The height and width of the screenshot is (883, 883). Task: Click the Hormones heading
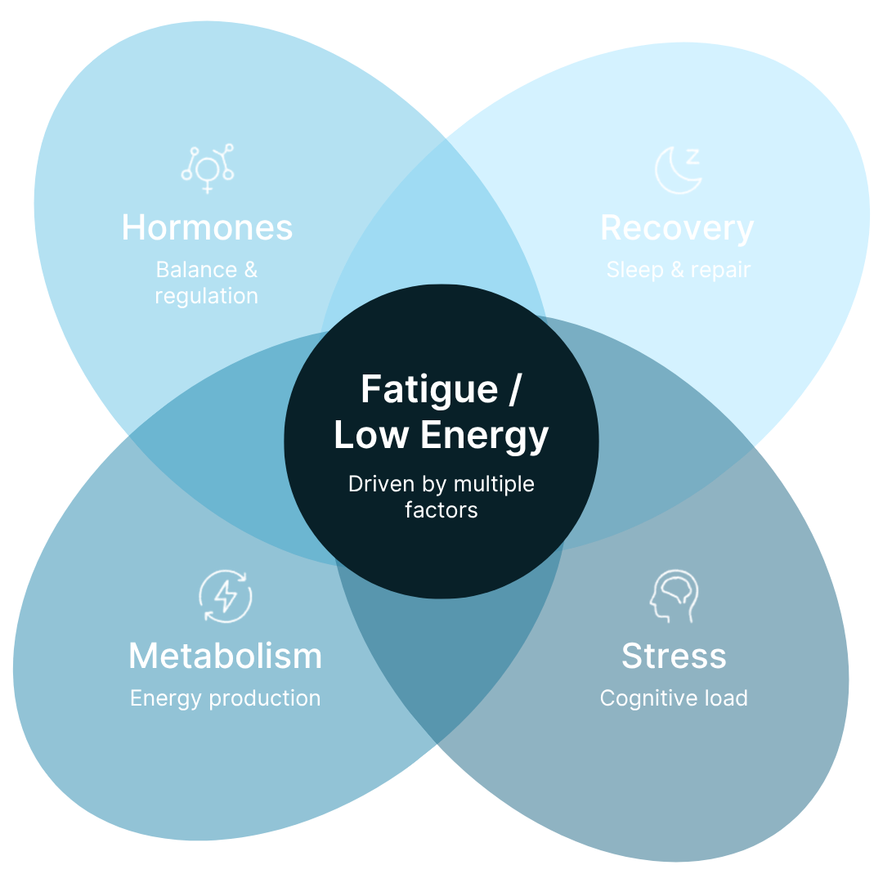click(207, 228)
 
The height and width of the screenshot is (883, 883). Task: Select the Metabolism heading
click(226, 656)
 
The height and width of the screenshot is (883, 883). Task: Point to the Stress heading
click(674, 656)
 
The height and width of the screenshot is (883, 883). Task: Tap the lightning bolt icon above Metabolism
click(226, 596)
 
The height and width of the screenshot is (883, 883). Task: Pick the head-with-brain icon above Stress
click(675, 596)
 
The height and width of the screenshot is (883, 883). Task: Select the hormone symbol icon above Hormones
click(208, 168)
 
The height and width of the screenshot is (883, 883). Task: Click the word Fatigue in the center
click(430, 391)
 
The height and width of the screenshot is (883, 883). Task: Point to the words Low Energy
click(441, 436)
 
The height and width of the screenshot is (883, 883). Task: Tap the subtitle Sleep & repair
click(679, 271)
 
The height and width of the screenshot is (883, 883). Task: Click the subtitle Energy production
click(226, 699)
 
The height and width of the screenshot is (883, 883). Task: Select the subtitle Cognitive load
click(674, 699)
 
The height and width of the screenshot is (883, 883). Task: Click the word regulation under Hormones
click(207, 297)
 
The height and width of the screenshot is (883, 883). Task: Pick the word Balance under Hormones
click(196, 270)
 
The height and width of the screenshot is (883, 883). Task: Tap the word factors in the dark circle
click(441, 510)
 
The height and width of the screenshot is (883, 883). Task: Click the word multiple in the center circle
click(494, 485)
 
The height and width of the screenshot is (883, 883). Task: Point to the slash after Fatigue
click(514, 389)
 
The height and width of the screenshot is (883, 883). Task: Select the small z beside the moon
click(693, 156)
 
